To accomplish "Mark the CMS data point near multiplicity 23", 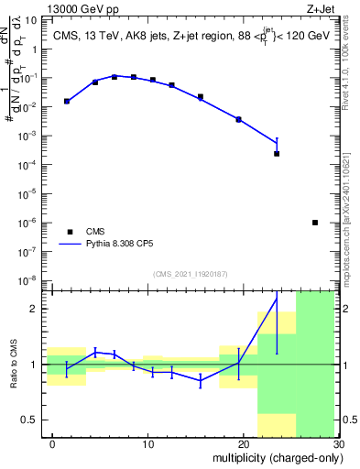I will coord(277,153).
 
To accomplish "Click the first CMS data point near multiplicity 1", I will coord(67,101).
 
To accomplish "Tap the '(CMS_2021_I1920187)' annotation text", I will coord(191,274).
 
